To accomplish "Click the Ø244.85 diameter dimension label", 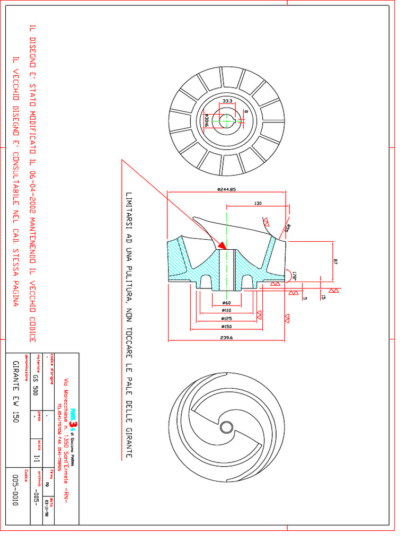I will coord(226,189).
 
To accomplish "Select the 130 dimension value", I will coord(258,203).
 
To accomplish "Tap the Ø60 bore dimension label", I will coord(227,303).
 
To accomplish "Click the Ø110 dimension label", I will coord(226,310).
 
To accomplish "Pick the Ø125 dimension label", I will coord(226,318).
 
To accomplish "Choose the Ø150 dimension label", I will coord(227,327).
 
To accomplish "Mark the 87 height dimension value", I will coord(335,261).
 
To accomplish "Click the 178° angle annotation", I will coord(294,275).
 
